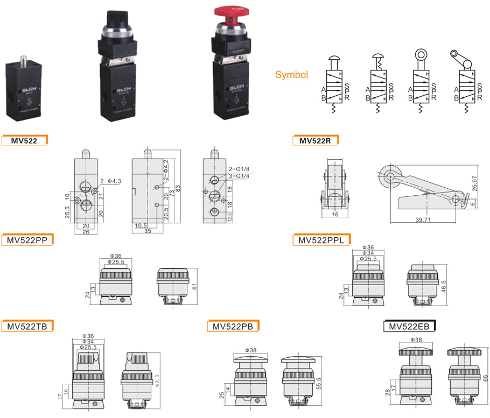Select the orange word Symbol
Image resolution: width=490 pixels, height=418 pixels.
click(x=291, y=75)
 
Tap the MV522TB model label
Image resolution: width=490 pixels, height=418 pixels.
click(x=27, y=326)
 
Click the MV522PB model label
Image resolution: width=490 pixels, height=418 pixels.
click(x=233, y=326)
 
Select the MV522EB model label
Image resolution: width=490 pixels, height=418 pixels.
click(x=409, y=326)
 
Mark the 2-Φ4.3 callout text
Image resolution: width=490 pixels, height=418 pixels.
click(x=111, y=181)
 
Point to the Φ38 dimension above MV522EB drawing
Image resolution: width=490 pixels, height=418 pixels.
click(x=416, y=340)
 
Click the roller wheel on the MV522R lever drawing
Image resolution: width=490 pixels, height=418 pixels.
click(x=388, y=174)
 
